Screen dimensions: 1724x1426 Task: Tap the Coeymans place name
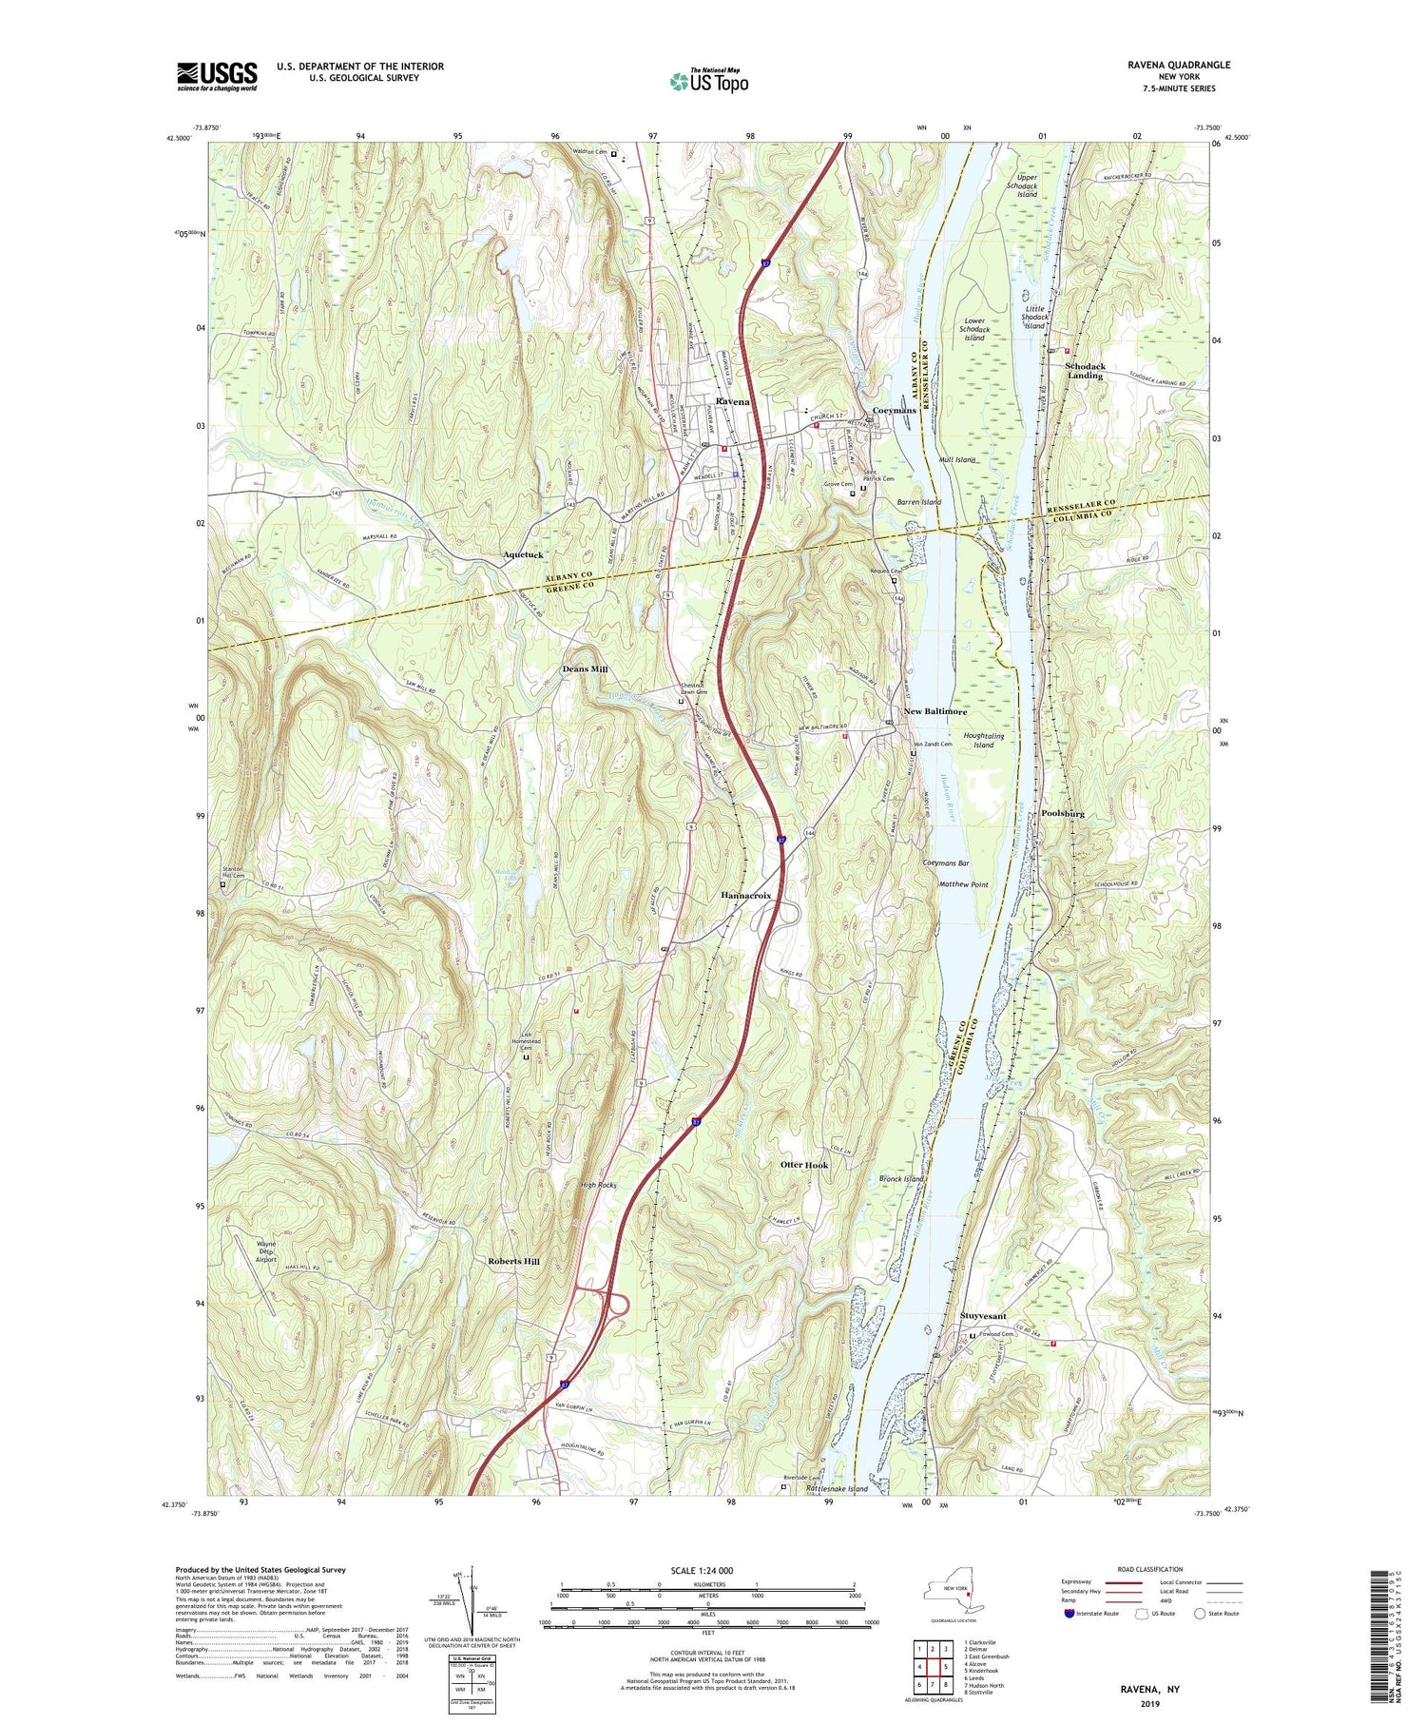[x=894, y=410]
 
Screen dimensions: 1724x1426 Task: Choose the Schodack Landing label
[x=1085, y=371]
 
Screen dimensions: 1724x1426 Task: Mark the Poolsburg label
[x=1063, y=814]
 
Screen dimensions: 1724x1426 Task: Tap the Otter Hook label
[x=804, y=1165]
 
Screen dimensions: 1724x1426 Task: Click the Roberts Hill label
[x=513, y=1261]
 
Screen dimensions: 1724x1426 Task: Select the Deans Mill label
[x=584, y=669]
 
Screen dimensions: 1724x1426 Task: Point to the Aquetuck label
[x=524, y=553]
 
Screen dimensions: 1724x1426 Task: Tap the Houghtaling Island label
[x=983, y=740]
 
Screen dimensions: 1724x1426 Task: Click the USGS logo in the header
[x=216, y=76]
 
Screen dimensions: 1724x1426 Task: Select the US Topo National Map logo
[x=708, y=81]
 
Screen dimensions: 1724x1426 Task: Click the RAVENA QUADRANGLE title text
[x=1179, y=65]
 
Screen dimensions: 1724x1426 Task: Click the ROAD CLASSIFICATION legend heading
[x=1150, y=1569]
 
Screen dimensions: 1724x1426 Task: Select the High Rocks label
[x=599, y=1185]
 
